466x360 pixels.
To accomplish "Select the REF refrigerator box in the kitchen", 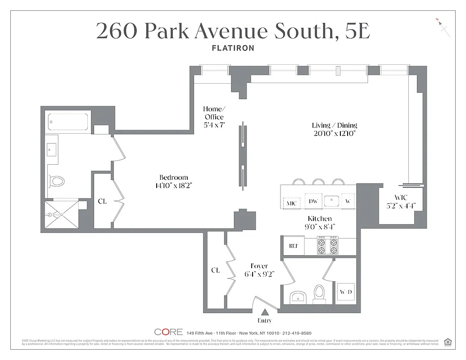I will pyautogui.click(x=293, y=246).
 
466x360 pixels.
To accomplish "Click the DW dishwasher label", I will pyautogui.click(x=313, y=201).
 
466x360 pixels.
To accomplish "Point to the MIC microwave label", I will pyautogui.click(x=292, y=203).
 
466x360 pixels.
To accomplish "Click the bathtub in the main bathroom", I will pyautogui.click(x=68, y=121).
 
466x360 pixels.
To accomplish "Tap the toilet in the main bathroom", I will pyautogui.click(x=57, y=181).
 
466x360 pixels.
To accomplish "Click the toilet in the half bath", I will pyautogui.click(x=319, y=291).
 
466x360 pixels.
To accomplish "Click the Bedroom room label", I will pyautogui.click(x=174, y=177).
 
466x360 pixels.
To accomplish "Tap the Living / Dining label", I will pyautogui.click(x=335, y=126).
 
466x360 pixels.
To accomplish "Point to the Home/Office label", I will pyautogui.click(x=213, y=113).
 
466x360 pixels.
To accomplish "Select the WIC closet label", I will pyautogui.click(x=400, y=197).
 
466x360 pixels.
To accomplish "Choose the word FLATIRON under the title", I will pyautogui.click(x=233, y=48).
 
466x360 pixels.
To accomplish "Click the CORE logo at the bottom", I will pyautogui.click(x=168, y=332).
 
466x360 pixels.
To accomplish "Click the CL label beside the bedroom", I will pyautogui.click(x=102, y=201).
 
